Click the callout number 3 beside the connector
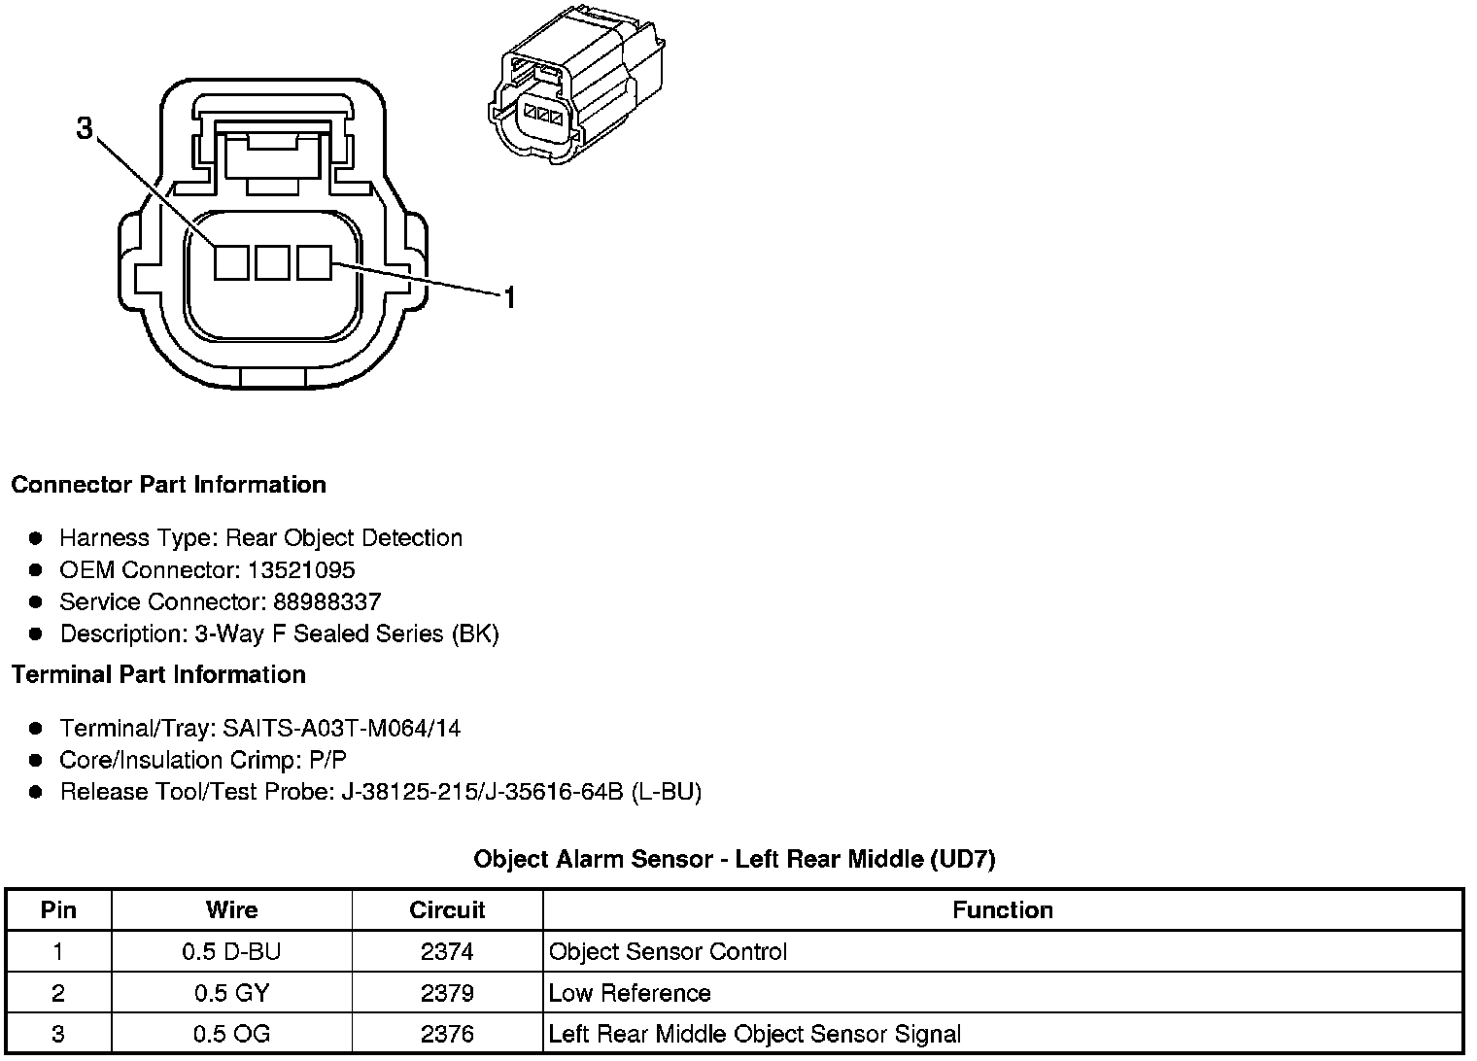point(86,128)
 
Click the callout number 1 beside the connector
point(507,297)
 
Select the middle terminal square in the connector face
point(272,262)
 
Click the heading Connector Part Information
point(168,485)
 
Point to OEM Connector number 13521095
point(300,570)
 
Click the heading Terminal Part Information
point(158,675)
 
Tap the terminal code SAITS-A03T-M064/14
point(341,729)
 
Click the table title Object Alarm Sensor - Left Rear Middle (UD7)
point(734,859)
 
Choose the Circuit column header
point(447,910)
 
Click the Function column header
point(1002,910)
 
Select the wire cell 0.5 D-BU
point(231,952)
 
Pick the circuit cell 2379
point(447,994)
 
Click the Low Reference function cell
point(630,994)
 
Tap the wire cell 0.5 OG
point(231,1035)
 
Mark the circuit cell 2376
point(447,1035)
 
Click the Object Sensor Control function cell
point(668,952)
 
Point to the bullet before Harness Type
point(36,538)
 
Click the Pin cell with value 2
point(58,994)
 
